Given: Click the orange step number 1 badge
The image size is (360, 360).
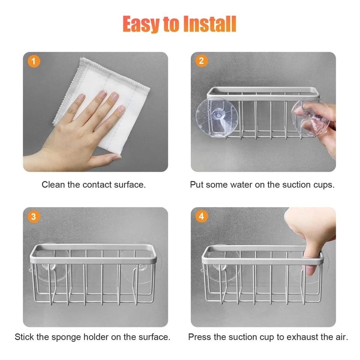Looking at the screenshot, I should tap(33, 61).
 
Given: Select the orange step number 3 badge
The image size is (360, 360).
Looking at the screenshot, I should tap(33, 216).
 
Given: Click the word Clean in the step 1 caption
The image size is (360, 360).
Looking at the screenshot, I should tap(53, 185).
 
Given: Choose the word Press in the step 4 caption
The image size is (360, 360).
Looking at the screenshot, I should tap(198, 337).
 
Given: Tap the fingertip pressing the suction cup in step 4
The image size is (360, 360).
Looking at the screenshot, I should tap(311, 270).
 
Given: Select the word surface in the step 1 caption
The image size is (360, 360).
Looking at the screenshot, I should tap(128, 185).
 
